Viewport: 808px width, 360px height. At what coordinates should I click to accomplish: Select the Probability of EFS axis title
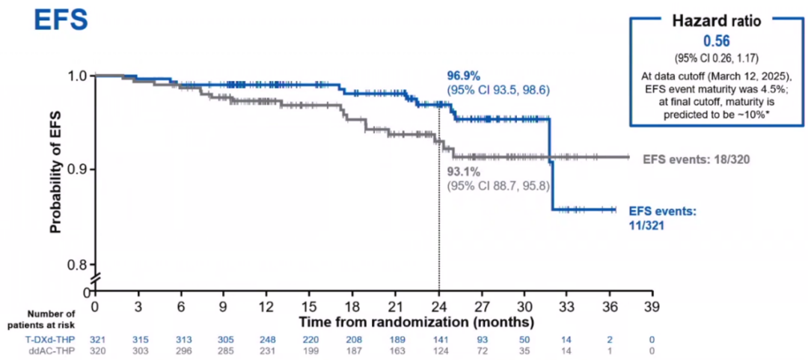tap(55, 169)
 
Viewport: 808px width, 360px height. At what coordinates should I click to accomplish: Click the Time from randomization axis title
tap(417, 323)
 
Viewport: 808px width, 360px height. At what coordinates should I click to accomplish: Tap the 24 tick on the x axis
tap(439, 307)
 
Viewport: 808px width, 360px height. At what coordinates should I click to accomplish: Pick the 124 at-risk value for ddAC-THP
tap(439, 351)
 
